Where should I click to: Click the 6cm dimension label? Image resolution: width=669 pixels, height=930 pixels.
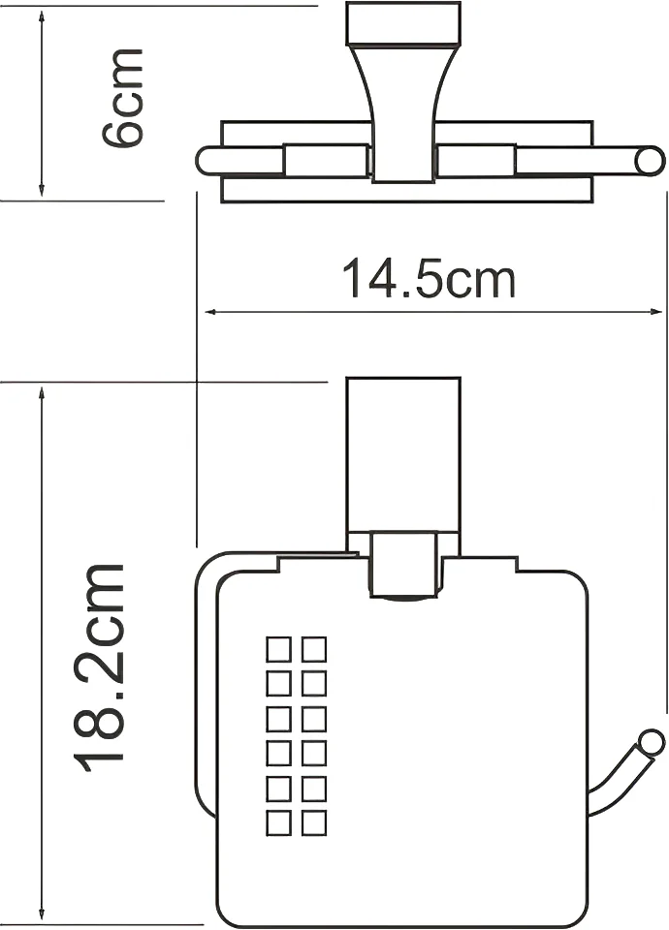123,99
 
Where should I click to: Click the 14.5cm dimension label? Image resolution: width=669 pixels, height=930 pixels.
429,278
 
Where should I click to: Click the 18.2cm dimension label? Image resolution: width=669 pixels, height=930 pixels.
99,668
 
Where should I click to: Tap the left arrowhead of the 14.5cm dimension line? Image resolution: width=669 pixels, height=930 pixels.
210,311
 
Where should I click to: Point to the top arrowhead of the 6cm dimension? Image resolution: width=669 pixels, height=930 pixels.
41,17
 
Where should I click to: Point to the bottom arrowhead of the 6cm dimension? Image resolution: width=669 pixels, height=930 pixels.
41,190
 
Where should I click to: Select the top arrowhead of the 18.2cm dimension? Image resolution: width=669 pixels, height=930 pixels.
41,394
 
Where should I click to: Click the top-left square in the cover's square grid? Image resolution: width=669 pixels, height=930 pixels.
278,649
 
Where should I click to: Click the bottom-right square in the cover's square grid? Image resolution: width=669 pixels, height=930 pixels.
314,822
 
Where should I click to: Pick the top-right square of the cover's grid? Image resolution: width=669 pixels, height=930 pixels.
314,649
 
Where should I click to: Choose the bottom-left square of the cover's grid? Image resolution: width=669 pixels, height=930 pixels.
278,822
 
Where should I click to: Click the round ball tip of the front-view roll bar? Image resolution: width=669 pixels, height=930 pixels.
651,743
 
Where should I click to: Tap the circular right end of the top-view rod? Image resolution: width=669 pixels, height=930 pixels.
649,162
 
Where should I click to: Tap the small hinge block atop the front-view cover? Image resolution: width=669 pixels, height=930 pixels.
403,565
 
